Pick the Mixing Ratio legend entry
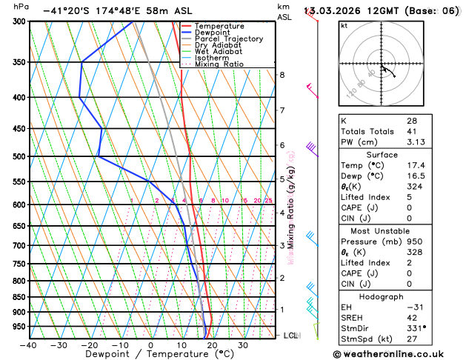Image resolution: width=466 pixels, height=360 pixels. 219,64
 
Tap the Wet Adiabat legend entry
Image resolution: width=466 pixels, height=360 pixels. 218,52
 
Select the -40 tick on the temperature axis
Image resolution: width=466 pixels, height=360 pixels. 29,345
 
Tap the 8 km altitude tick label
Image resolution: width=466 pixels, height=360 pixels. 282,75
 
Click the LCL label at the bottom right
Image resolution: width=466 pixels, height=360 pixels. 291,336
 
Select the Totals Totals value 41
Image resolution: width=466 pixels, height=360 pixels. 411,132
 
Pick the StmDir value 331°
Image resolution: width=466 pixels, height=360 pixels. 416,327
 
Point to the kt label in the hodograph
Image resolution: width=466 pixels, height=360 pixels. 344,25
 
